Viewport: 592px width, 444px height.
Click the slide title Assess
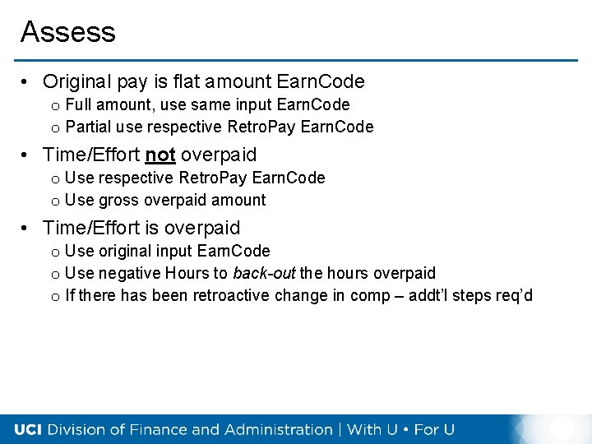(x=68, y=32)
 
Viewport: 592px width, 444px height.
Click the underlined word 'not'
(x=160, y=155)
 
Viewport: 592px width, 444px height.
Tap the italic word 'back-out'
(x=264, y=273)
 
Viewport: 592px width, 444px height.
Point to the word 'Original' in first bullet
(x=78, y=81)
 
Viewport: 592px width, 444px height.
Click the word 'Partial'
(x=88, y=127)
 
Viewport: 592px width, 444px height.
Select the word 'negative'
(x=130, y=273)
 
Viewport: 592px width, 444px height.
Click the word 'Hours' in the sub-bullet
(x=187, y=273)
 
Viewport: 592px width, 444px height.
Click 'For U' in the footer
(x=433, y=429)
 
